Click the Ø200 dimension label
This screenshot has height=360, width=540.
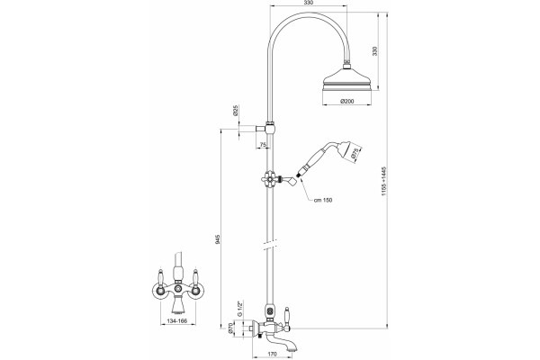pos(346,102)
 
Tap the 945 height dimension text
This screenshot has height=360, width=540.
pos(217,239)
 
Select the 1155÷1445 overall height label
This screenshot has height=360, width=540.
pos(384,182)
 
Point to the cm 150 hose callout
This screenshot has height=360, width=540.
pos(323,200)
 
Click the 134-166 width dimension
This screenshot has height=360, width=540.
pos(176,320)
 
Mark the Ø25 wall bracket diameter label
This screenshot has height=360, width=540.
pos(236,110)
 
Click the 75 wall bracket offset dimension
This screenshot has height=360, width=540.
pos(263,145)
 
